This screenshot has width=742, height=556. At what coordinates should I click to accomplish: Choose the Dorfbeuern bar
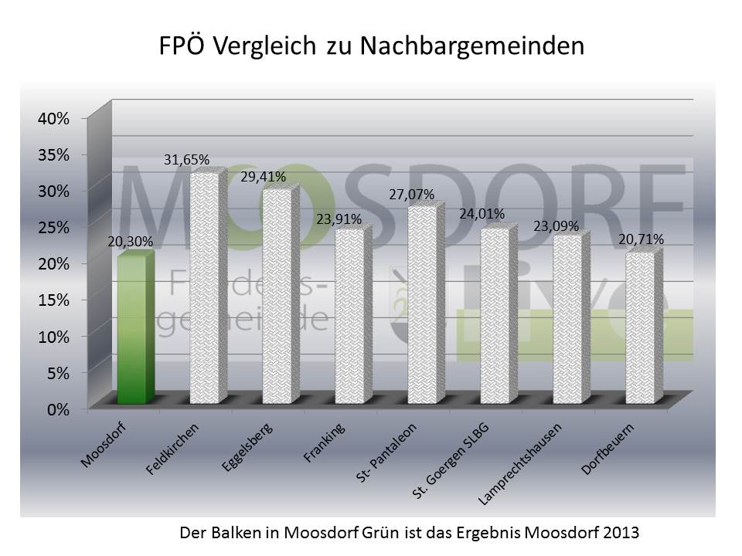[x=640, y=327]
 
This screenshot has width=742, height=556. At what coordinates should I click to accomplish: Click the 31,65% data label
[x=186, y=160]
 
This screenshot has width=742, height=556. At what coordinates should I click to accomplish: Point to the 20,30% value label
[x=131, y=242]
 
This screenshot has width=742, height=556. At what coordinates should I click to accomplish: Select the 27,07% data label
[x=411, y=194]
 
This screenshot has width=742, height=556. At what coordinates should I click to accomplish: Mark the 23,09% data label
[x=556, y=225]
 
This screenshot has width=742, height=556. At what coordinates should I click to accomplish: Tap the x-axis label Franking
[x=325, y=443]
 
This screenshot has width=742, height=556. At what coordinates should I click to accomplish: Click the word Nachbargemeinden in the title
[x=472, y=46]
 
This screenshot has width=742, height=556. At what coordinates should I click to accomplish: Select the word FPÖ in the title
[x=182, y=46]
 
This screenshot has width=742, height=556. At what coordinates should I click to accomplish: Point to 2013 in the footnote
[x=624, y=533]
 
